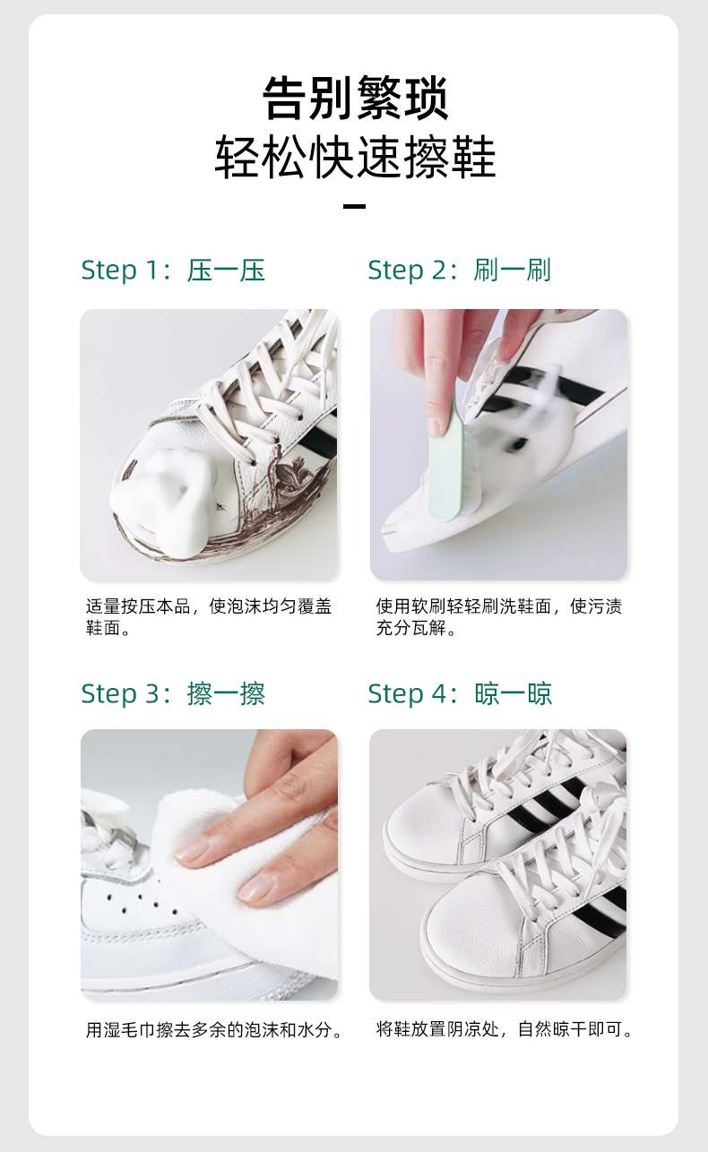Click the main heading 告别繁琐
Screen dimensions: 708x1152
[x=355, y=98]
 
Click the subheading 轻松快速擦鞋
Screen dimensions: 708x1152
[x=355, y=157]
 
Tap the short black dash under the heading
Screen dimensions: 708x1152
[x=354, y=206]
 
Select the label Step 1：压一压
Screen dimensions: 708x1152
[x=173, y=271]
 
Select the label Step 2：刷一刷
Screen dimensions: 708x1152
[x=460, y=271]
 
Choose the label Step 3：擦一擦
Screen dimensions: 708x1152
[x=173, y=693]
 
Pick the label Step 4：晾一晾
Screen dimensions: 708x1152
[x=460, y=693]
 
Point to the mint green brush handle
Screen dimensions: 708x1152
[x=446, y=462]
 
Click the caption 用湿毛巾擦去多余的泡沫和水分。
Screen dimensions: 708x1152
[x=213, y=1030]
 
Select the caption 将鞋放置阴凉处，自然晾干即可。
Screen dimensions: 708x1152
[x=504, y=1029]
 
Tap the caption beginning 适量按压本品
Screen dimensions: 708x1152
[x=209, y=617]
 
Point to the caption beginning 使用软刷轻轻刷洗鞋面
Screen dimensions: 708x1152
[x=498, y=617]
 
